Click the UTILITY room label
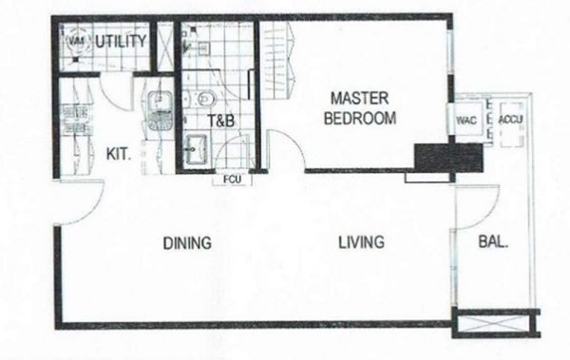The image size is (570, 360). coord(121,42)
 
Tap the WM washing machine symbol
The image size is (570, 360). coord(76,42)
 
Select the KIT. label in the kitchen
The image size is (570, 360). coord(119,154)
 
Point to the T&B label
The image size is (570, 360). coord(221,121)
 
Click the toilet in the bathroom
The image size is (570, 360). coord(203,99)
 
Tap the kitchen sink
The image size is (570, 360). coord(160,110)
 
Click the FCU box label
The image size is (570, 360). coord(232,180)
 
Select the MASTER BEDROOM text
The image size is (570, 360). coord(360,108)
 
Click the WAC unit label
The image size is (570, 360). coord(466,121)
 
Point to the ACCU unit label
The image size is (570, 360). coord(511,120)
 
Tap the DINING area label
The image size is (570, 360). coord(187,243)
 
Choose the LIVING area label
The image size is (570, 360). coord(361,242)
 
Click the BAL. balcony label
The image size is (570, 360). coord(493,242)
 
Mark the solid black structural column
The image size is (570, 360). coord(449,158)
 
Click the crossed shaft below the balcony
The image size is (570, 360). coord(496,323)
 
